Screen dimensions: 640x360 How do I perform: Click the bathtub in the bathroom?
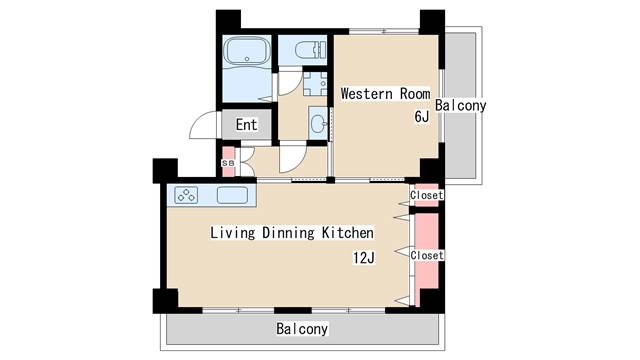[247, 51]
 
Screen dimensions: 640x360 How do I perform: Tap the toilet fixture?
[310, 50]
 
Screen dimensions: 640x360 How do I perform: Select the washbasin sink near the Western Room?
[318, 123]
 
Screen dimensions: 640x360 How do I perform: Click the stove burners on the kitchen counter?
[186, 195]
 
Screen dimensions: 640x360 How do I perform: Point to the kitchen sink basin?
[232, 195]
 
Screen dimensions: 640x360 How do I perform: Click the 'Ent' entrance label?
[247, 124]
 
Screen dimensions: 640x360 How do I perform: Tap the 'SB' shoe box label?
[228, 163]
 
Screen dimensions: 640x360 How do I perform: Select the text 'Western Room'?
[385, 93]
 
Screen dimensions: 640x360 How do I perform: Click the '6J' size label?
[422, 116]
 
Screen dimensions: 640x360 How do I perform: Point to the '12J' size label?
[364, 258]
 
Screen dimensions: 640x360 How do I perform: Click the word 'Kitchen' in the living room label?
[347, 233]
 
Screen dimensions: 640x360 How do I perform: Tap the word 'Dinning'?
[288, 233]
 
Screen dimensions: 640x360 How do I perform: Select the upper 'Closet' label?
[427, 195]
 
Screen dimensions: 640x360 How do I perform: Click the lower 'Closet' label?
[427, 255]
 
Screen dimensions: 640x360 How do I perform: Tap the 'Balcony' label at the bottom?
[302, 329]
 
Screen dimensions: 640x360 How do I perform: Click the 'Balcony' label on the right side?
[460, 105]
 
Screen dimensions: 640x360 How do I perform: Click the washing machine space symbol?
[315, 84]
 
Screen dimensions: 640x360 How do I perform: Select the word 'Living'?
[232, 233]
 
